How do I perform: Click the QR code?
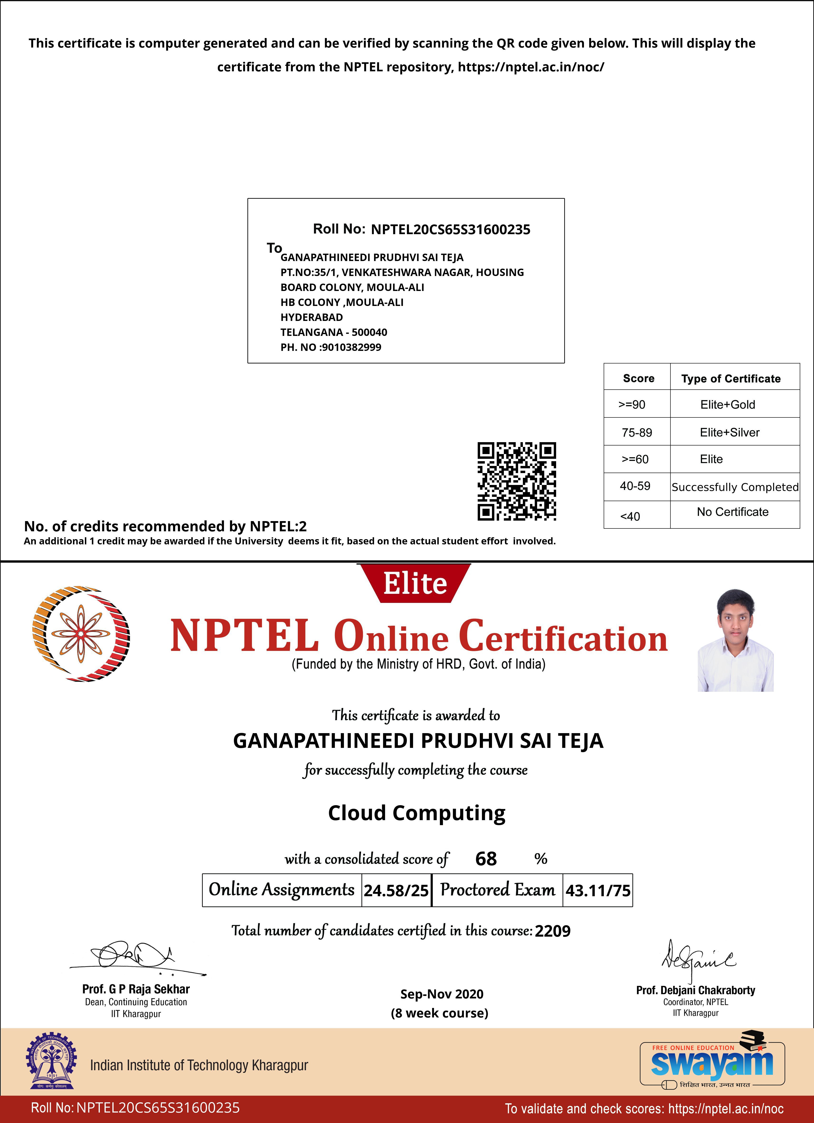516,481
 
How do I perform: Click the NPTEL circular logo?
81,634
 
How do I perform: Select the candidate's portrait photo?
735,640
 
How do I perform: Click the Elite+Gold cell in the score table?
727,405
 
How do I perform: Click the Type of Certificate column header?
731,379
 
